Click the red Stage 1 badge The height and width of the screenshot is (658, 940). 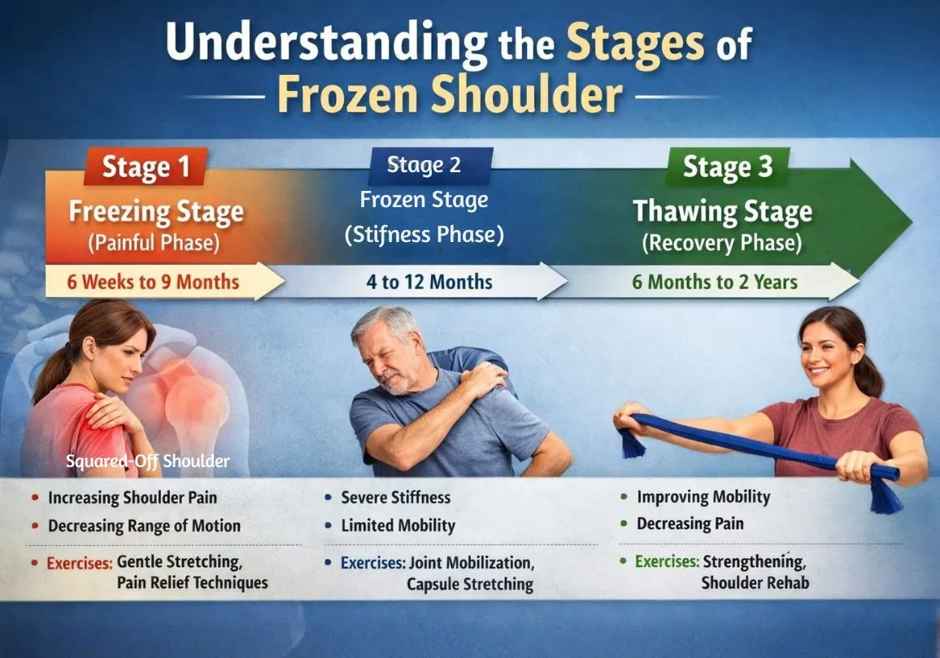(146, 167)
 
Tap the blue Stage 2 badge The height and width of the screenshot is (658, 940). (424, 165)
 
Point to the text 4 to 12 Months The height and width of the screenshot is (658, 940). (429, 282)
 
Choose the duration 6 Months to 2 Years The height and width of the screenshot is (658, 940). (715, 282)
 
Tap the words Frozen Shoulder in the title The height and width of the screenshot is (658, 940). (449, 96)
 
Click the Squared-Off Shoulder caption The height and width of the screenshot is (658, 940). (147, 461)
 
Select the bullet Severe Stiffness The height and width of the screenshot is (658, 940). (395, 497)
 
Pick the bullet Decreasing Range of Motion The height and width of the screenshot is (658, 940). (144, 526)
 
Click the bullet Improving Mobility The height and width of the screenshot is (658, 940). (703, 497)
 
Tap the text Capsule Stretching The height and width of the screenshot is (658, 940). (470, 584)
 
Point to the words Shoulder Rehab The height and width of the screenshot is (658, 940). (755, 582)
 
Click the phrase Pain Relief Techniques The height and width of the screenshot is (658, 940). (192, 582)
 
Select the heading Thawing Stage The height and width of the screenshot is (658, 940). (722, 212)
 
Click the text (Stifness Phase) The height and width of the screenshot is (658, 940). (424, 235)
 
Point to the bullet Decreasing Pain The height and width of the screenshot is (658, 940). (690, 524)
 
